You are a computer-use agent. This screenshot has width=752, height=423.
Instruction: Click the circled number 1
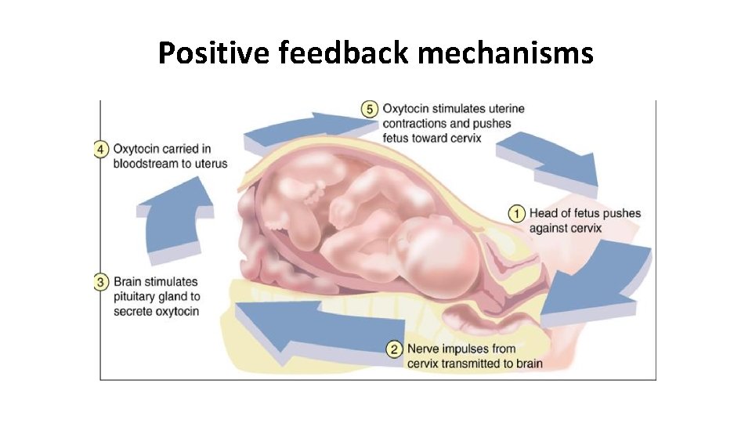pyautogui.click(x=516, y=213)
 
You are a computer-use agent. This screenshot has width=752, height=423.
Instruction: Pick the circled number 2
pyautogui.click(x=394, y=349)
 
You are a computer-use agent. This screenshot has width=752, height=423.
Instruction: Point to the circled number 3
pyautogui.click(x=101, y=282)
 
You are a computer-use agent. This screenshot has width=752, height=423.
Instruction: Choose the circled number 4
pyautogui.click(x=101, y=149)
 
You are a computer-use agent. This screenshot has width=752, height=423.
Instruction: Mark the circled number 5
pyautogui.click(x=369, y=109)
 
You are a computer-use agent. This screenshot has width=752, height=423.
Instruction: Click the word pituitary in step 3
pyautogui.click(x=135, y=297)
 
